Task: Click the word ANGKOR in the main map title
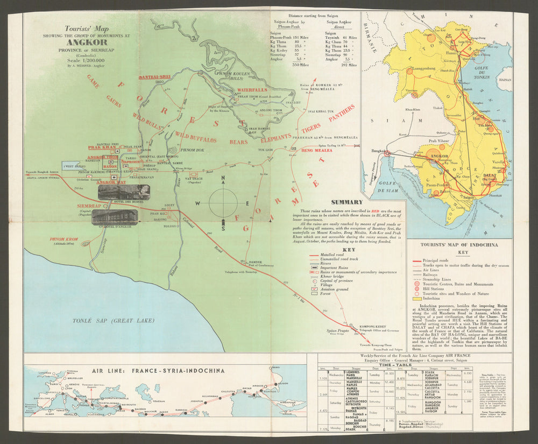(x=88, y=42)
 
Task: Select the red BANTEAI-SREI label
(x=154, y=77)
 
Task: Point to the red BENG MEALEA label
(x=316, y=151)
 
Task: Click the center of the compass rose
(x=223, y=203)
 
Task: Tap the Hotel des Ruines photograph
(x=124, y=192)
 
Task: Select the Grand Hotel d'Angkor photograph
(x=115, y=217)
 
